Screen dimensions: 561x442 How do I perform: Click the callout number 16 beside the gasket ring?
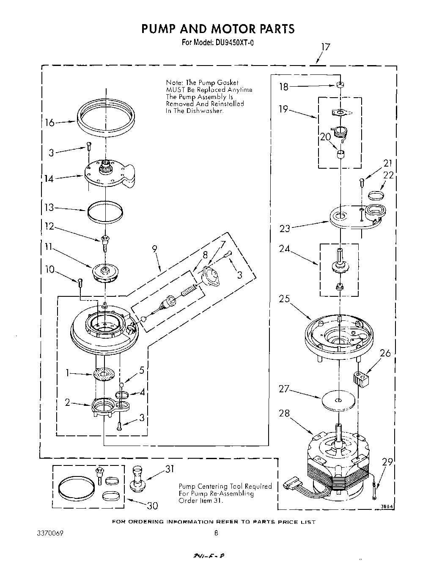49,123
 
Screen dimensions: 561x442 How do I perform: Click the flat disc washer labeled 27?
337,400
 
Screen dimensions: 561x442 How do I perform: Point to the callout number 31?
169,469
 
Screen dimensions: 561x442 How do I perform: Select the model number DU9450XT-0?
231,42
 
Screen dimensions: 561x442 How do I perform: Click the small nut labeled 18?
339,85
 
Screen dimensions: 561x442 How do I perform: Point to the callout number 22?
388,175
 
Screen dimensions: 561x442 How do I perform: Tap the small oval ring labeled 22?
376,195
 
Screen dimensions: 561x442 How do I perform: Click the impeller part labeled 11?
105,271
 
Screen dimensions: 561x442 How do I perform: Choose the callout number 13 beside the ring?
49,208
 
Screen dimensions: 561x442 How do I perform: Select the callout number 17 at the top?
324,47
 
